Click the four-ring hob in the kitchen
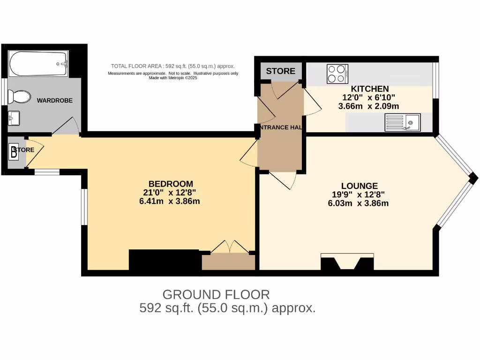pos(337,74)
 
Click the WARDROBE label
pos(55,100)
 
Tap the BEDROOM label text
pos(171,184)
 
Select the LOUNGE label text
pos(360,186)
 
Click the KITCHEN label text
pos(370,89)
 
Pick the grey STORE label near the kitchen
pos(281,71)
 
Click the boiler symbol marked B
pos(14,151)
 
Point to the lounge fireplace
pos(347,262)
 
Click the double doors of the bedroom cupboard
pos(229,248)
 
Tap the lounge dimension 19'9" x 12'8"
pos(360,195)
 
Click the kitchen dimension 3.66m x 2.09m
pos(368,106)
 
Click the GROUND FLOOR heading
pos(216,295)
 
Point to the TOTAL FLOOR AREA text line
pos(172,66)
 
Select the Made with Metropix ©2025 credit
pos(172,78)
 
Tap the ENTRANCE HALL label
pos(280,127)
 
